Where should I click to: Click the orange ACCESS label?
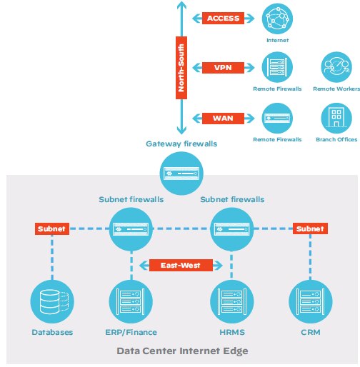coord(224,18)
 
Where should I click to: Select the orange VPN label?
coord(224,68)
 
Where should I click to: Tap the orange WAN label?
coord(224,118)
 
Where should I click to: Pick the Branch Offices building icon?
coord(336,116)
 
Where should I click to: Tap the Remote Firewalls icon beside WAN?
coord(277,117)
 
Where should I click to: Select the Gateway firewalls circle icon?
coord(181,173)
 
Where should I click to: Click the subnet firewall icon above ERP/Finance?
coord(131,229)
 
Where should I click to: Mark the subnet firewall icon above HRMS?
coord(233,229)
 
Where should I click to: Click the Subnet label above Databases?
coord(52,229)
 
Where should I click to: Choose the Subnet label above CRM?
coord(309,229)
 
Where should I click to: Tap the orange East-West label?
coord(181,266)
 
